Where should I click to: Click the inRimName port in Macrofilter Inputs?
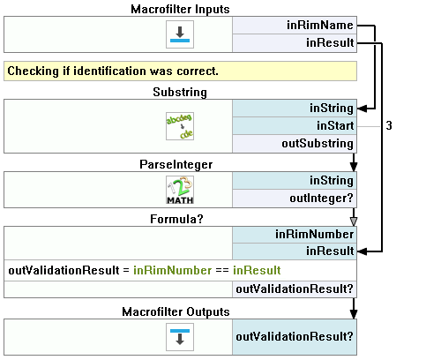click(295, 26)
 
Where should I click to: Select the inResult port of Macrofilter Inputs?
click(295, 43)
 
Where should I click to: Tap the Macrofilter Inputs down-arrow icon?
click(180, 34)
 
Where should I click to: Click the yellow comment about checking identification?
click(180, 71)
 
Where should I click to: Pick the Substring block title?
click(180, 92)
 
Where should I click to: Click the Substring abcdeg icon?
click(180, 126)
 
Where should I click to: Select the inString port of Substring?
click(295, 109)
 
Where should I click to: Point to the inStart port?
click(295, 126)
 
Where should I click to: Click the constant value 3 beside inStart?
click(389, 126)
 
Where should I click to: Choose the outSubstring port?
click(295, 144)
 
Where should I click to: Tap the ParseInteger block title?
click(176, 165)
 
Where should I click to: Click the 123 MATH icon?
click(180, 190)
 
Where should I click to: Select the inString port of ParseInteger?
click(295, 181)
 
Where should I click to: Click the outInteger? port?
click(295, 199)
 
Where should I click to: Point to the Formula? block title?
click(176, 219)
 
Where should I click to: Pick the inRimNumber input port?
click(295, 235)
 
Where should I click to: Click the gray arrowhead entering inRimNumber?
click(354, 221)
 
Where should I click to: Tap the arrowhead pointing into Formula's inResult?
click(362, 251)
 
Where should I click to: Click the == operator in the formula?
click(222, 271)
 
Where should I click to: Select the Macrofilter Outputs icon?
click(180, 337)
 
